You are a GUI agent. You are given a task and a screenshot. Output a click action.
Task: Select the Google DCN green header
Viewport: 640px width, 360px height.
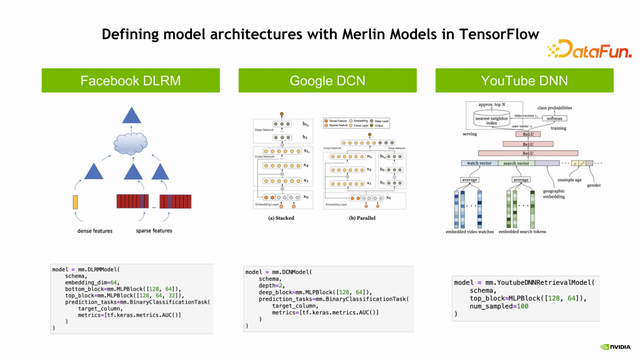pyautogui.click(x=319, y=80)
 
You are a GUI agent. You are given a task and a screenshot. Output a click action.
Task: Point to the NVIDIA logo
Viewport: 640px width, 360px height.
pyautogui.click(x=614, y=347)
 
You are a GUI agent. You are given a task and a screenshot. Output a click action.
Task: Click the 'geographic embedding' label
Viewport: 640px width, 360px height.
pyautogui.click(x=567, y=192)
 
